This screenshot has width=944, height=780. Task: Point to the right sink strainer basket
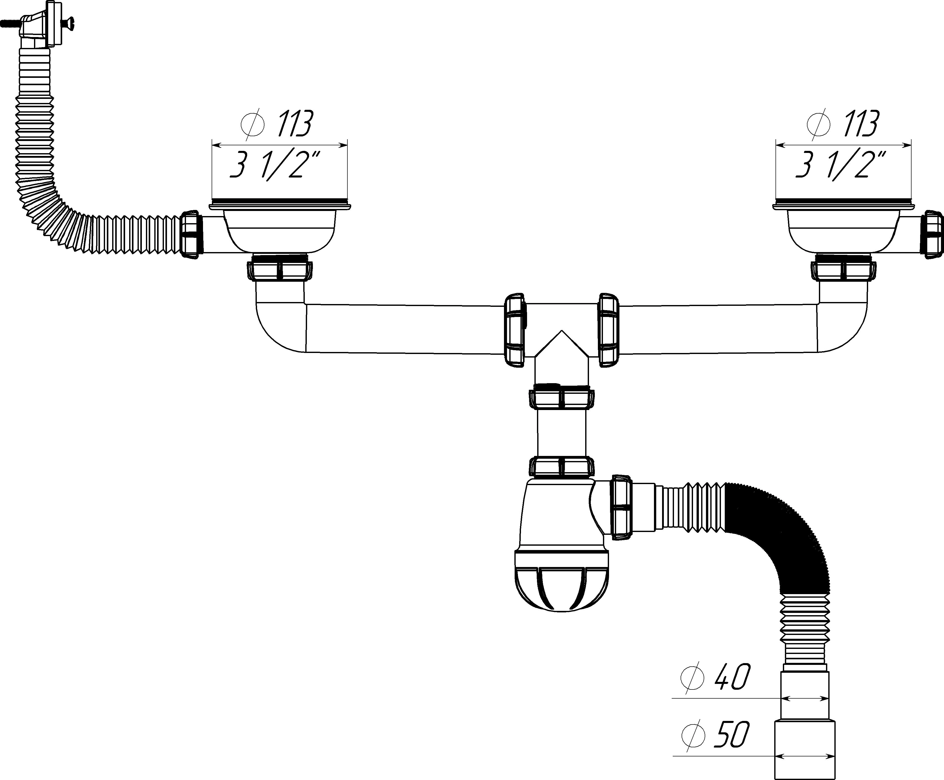pyautogui.click(x=844, y=233)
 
